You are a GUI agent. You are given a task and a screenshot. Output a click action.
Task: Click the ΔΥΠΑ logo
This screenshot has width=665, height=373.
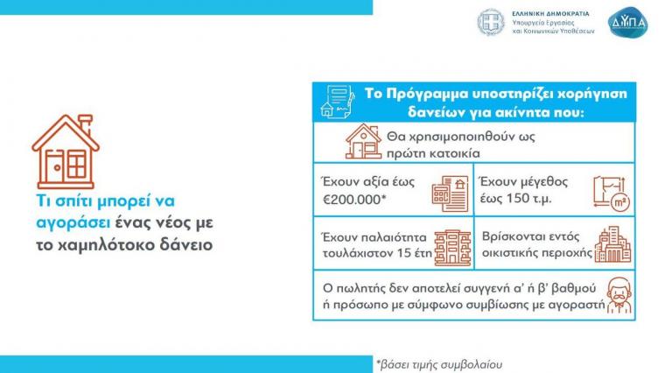[627, 22]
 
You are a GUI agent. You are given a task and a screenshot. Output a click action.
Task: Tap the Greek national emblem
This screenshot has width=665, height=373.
[491, 23]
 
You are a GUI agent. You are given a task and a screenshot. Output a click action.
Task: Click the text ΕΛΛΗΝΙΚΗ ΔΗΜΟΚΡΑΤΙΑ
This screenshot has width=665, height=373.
[550, 14]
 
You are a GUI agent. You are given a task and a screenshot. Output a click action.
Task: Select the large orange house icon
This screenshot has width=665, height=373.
[66, 151]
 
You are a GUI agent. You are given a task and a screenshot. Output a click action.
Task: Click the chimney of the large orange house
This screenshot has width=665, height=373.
[86, 123]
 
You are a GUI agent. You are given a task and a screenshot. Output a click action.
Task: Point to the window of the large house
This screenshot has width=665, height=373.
[77, 165]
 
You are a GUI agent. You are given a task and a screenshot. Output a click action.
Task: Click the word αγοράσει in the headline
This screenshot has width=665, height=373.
[73, 222]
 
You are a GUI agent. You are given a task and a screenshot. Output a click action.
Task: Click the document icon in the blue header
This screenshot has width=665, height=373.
[338, 102]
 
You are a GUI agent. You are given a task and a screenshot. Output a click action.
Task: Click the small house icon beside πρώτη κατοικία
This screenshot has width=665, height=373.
[363, 141]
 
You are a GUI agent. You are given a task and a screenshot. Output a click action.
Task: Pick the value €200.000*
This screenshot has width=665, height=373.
[354, 199]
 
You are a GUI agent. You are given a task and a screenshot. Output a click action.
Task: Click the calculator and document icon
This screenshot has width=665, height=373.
[450, 194]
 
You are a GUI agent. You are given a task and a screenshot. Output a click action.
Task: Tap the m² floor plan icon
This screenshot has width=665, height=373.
[612, 194]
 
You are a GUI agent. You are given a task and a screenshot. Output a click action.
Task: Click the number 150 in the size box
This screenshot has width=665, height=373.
[517, 198]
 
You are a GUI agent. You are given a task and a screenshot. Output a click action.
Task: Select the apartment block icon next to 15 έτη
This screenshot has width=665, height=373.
[452, 248]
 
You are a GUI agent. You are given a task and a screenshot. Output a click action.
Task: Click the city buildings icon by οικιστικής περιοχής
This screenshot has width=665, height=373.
[612, 244]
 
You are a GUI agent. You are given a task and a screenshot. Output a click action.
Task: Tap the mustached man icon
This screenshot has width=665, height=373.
[619, 295]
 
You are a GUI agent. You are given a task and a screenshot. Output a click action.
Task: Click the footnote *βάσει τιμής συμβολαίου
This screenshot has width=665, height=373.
[439, 364]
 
